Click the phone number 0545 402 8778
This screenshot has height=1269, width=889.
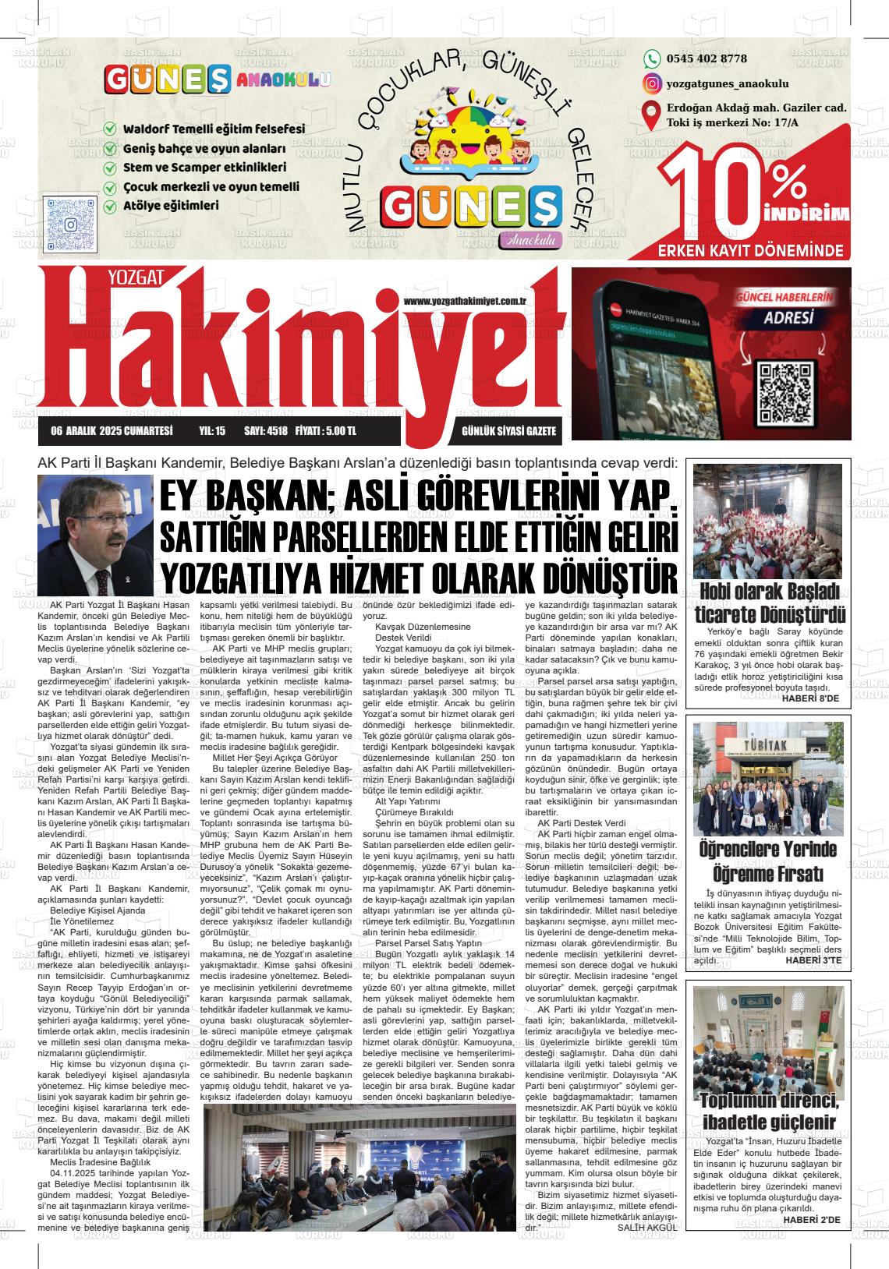tap(707, 59)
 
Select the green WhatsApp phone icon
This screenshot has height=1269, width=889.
tap(651, 59)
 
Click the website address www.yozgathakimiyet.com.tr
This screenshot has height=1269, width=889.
tap(466, 301)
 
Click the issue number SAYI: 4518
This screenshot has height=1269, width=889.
tap(266, 431)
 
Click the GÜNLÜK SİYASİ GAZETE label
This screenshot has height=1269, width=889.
tap(508, 431)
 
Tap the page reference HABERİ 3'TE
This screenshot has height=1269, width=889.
tap(812, 960)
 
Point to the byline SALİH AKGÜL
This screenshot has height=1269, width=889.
tap(648, 1227)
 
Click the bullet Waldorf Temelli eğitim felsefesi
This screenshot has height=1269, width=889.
tap(213, 129)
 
